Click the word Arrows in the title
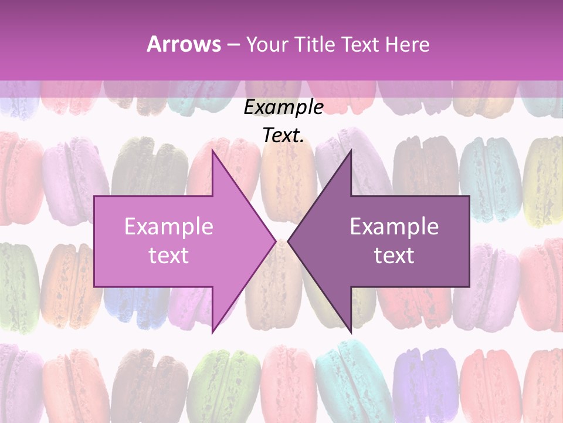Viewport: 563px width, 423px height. [184, 44]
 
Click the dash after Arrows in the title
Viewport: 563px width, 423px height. [232, 45]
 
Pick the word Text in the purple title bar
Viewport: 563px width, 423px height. [360, 44]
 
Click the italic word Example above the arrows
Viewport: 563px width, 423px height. [283, 108]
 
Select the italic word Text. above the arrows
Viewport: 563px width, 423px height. [283, 136]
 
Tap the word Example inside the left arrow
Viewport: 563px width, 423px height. [168, 227]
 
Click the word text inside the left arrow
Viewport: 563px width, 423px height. [168, 256]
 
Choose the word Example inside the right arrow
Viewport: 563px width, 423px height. [394, 227]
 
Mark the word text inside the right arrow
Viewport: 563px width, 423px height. [394, 256]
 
